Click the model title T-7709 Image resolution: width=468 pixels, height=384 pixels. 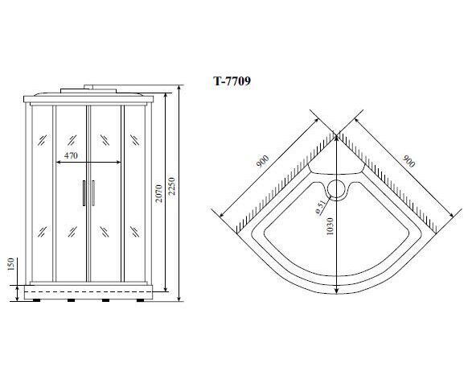pos(232,81)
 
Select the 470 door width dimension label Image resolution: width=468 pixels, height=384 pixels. pos(71,155)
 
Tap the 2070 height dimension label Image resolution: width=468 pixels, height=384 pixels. pos(158,193)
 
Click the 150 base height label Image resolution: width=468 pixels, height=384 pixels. pos(10,263)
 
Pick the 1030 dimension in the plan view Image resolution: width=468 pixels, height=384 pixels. pos(329,226)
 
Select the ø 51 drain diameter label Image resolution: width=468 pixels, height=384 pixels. pos(320,208)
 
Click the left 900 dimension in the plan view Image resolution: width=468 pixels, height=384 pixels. pos(262,161)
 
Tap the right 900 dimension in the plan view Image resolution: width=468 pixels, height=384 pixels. pos(408,161)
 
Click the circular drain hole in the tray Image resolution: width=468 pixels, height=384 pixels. pos(337,188)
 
